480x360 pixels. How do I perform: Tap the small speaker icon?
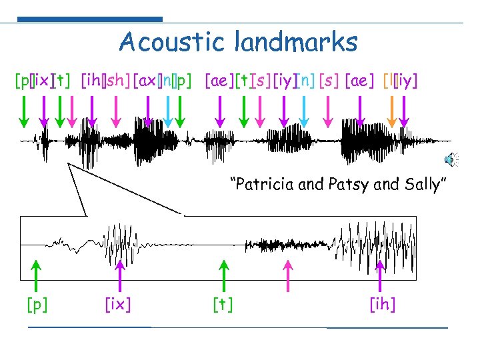[x=451, y=159]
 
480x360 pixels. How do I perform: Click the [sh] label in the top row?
[x=117, y=81]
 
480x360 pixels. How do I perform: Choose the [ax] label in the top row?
[x=146, y=81]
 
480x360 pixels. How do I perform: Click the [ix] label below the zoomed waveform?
[x=118, y=305]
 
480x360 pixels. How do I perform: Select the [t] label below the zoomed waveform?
[x=223, y=305]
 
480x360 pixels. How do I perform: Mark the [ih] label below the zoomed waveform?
[x=382, y=305]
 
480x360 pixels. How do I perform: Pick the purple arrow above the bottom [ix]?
[x=119, y=275]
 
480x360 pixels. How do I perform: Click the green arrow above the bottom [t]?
[x=223, y=275]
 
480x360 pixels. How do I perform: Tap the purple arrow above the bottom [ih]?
[x=381, y=275]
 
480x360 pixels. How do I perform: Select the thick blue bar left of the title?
[x=89, y=19]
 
